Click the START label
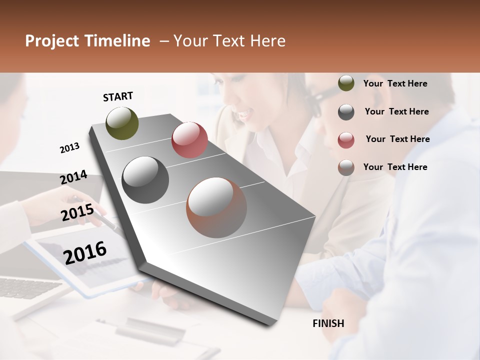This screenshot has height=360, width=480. coord(118,96)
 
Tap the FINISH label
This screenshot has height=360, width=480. coord(328,323)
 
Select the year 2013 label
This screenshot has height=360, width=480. coord(69,148)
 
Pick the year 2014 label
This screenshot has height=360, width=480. coord(73,177)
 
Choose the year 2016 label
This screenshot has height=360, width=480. coord(85,252)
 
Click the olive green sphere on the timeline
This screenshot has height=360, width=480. coord(122,123)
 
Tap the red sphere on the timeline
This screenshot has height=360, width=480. coord(189,140)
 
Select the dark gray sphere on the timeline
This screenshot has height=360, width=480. coord(145,180)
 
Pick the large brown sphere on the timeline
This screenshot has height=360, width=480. coord(216,207)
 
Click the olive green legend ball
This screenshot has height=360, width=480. coord(346,83)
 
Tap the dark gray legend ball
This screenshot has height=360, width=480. coord(346,112)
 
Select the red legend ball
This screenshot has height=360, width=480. coord(346,139)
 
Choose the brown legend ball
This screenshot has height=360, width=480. coord(346,167)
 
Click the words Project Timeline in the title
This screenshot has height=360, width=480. coord(87,41)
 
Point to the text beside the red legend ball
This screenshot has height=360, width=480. coord(397,139)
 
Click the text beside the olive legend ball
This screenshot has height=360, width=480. coord(395,83)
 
